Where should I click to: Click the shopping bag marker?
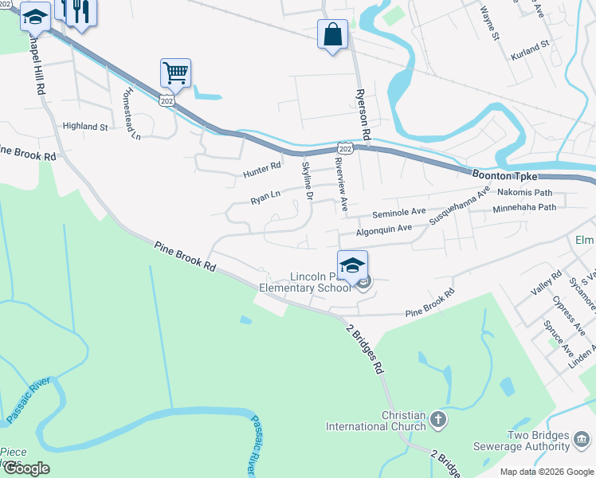pyautogui.click(x=332, y=35)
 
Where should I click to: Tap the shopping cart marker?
pyautogui.click(x=175, y=73)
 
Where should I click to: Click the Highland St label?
pyautogui.click(x=85, y=127)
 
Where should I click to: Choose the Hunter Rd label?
pyautogui.click(x=262, y=170)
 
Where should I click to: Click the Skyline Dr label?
pyautogui.click(x=307, y=180)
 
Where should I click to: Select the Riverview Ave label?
pyautogui.click(x=341, y=183)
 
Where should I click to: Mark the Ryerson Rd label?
pyautogui.click(x=366, y=113)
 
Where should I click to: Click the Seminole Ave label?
pyautogui.click(x=399, y=213)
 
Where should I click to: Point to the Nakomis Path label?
pyautogui.click(x=524, y=193)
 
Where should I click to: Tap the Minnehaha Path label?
pyautogui.click(x=524, y=207)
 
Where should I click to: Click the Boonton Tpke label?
pyautogui.click(x=505, y=175)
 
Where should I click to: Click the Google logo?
pyautogui.click(x=26, y=468)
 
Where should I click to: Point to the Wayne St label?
pyautogui.click(x=489, y=24)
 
